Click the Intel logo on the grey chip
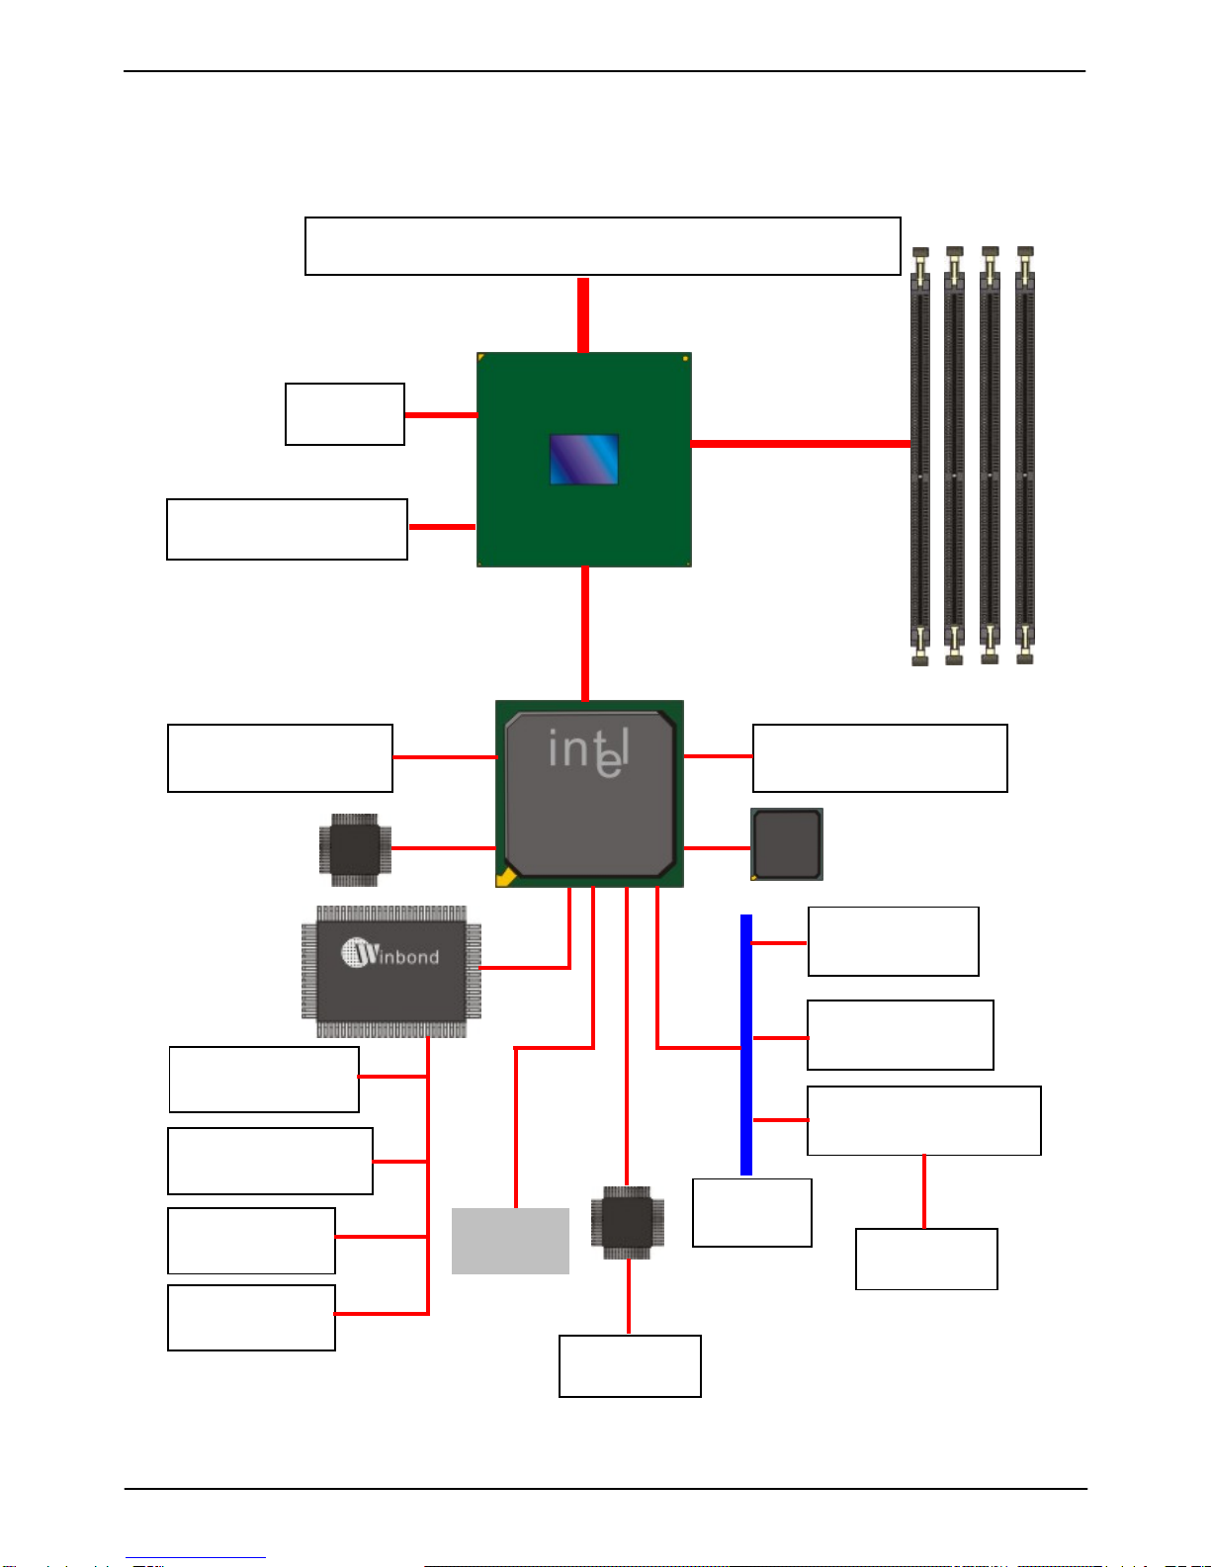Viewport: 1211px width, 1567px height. pos(588,752)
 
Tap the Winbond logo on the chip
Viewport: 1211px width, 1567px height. pos(389,953)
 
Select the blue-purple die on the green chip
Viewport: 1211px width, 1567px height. pos(584,460)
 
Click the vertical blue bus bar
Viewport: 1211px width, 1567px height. pos(746,1045)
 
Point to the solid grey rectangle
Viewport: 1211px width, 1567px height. pos(510,1241)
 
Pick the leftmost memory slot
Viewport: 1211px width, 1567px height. pos(919,456)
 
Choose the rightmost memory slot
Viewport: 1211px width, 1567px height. pos(1025,456)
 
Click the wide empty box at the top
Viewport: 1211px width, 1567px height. pos(603,246)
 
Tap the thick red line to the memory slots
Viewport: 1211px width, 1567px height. pos(801,444)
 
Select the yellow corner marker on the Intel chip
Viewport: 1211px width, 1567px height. pos(506,877)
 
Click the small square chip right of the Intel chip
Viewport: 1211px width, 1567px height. pos(787,844)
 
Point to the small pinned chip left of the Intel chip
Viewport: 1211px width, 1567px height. pos(355,849)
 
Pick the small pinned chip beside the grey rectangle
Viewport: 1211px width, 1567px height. pos(627,1222)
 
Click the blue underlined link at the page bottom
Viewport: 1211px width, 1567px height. pos(196,1558)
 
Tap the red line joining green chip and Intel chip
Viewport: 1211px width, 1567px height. pos(584,633)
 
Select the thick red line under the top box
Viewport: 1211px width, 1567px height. pos(583,315)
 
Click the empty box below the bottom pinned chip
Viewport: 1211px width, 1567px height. pos(630,1365)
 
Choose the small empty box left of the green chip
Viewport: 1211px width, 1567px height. pos(345,414)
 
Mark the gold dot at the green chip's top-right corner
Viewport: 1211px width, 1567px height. pos(685,359)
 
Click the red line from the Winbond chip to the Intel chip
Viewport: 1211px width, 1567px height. pos(568,966)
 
